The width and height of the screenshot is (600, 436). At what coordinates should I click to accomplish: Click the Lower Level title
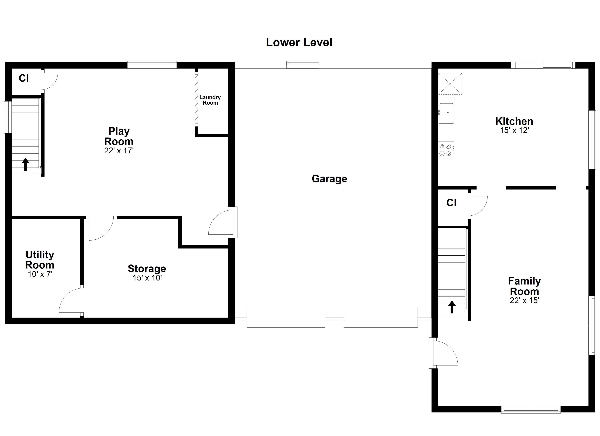(299, 42)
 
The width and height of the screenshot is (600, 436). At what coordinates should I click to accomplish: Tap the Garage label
(329, 179)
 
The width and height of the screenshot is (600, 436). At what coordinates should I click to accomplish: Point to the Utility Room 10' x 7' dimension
(40, 274)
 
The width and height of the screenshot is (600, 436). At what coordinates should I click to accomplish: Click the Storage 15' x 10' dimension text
(147, 278)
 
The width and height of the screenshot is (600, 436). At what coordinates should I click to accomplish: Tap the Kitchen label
(514, 121)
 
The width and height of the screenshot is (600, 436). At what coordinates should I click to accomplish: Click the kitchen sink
(446, 113)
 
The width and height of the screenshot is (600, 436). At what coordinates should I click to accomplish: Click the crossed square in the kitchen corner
(450, 84)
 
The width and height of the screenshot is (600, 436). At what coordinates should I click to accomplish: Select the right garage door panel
(381, 318)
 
